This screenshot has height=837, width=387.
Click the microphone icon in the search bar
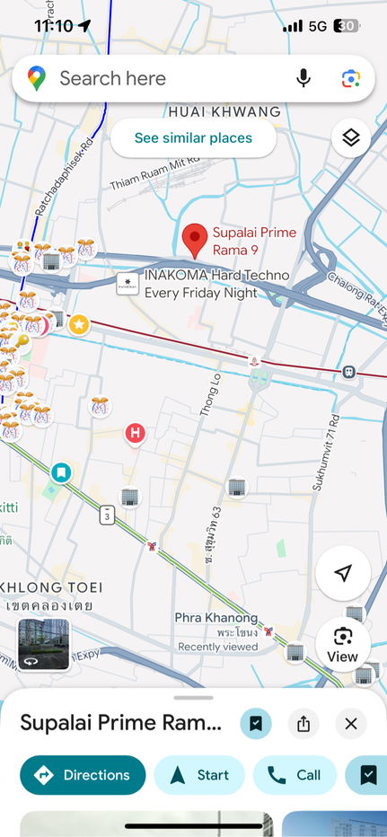[x=303, y=78]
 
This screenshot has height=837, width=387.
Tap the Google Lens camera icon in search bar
[x=350, y=78]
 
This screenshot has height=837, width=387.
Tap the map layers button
[x=350, y=137]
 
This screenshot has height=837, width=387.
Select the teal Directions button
[x=83, y=774]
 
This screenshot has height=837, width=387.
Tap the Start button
[x=199, y=774]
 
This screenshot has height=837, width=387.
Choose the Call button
[x=295, y=774]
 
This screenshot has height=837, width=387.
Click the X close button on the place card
[x=350, y=724]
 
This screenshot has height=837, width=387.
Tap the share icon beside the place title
[x=303, y=724]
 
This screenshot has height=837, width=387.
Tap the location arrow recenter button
[x=342, y=573]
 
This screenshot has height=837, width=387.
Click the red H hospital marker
[x=135, y=434]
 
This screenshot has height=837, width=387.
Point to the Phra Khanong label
[x=215, y=618]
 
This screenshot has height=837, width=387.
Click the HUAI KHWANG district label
[x=224, y=112]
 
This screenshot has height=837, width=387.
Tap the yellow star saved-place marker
[x=79, y=323]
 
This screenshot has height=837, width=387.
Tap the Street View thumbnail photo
[x=44, y=644]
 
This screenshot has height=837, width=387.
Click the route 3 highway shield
[x=107, y=515]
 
